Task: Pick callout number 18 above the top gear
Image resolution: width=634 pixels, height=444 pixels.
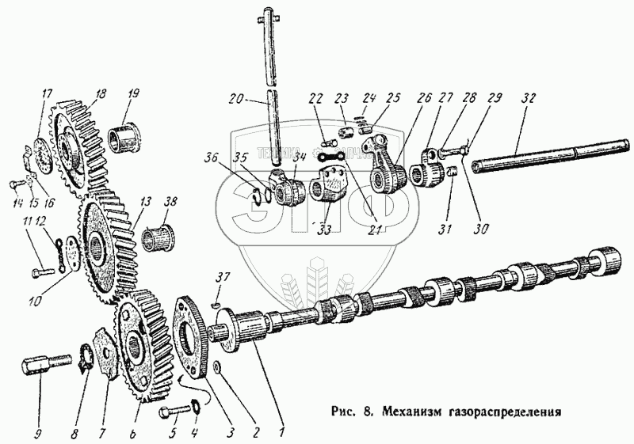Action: [100, 93]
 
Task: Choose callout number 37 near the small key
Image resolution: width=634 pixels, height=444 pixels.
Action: [224, 276]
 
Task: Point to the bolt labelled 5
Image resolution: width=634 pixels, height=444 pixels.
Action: [172, 414]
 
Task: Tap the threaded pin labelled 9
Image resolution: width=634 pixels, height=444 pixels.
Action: [39, 369]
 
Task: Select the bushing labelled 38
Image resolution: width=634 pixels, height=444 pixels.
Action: [158, 237]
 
